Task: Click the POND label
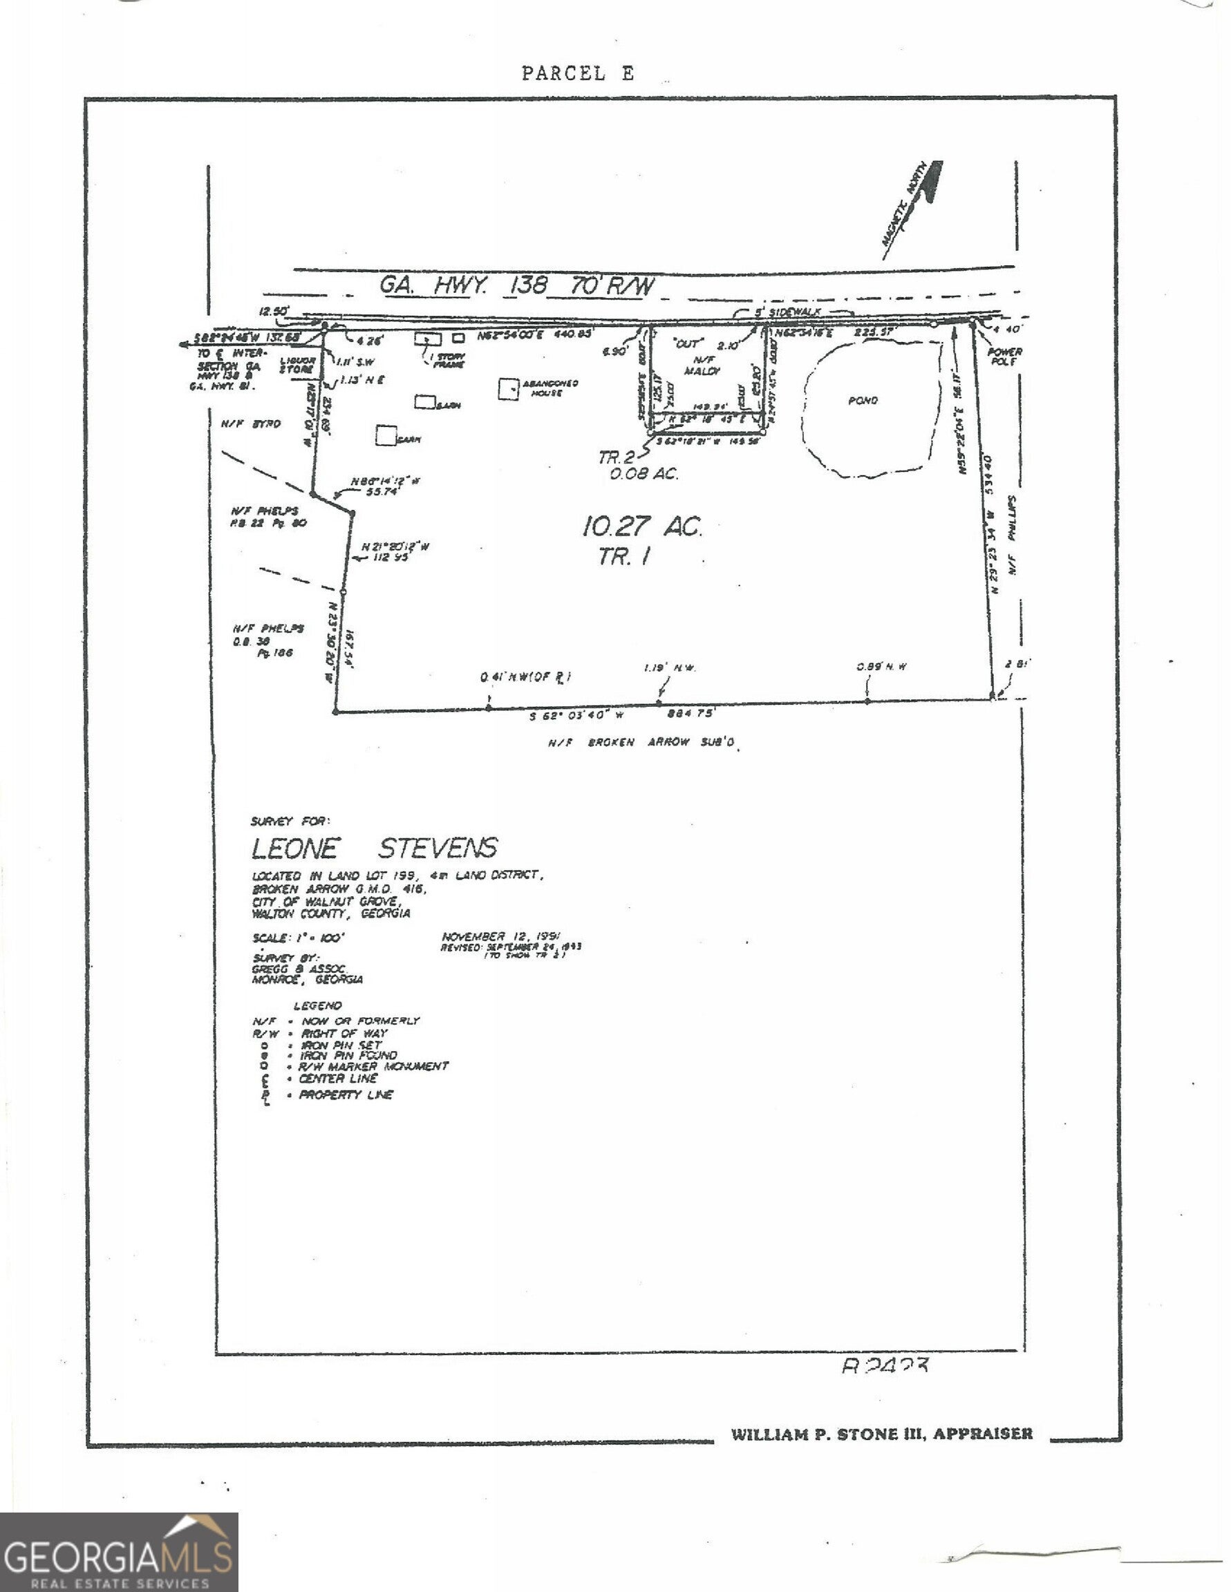(x=863, y=400)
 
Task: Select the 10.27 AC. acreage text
(x=641, y=526)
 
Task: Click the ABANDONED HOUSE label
(x=551, y=388)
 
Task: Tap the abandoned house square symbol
(x=508, y=389)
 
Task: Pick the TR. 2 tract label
(x=617, y=457)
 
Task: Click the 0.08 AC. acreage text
(x=644, y=474)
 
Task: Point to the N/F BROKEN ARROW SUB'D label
(x=641, y=743)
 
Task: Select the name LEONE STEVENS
(x=374, y=848)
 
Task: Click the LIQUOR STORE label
(x=297, y=364)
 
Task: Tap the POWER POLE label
(x=1004, y=357)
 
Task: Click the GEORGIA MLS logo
(x=119, y=1552)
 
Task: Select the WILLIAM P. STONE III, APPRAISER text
(x=882, y=1434)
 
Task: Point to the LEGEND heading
(x=317, y=1005)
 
